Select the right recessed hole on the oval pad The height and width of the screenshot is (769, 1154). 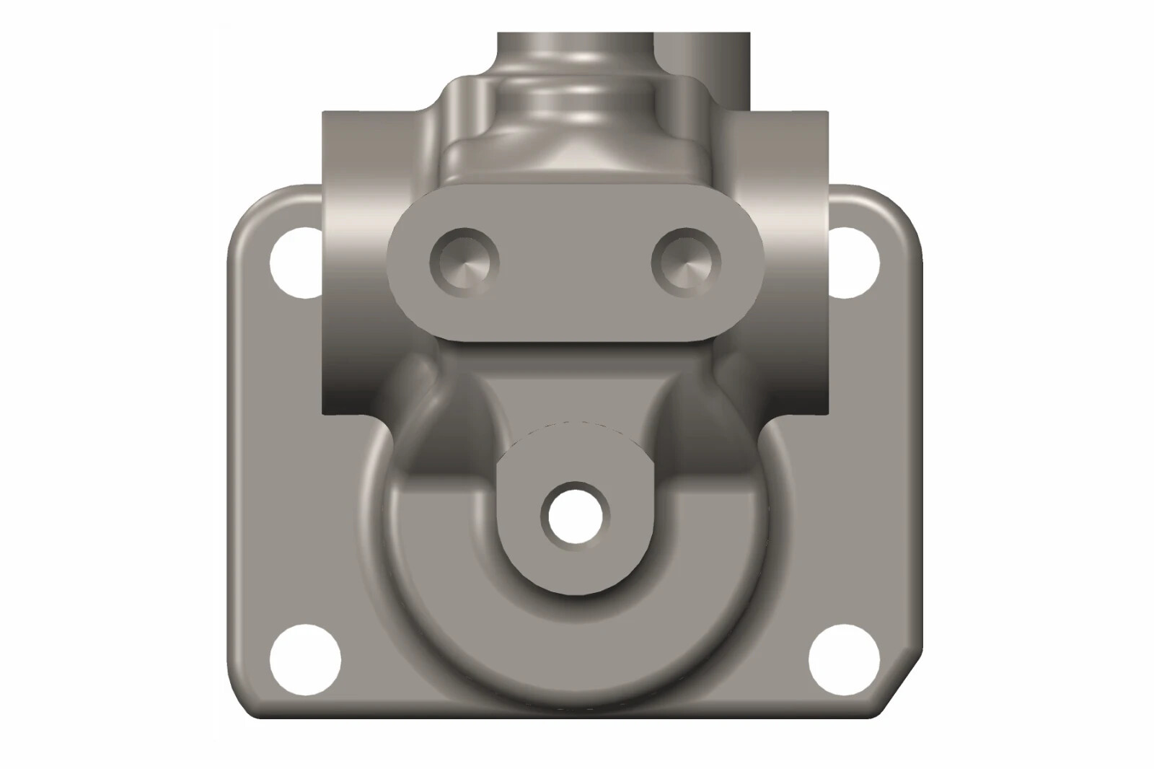coord(686,261)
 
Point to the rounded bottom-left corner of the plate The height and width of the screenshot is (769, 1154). coord(245,700)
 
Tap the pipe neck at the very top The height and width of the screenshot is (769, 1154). coord(577,50)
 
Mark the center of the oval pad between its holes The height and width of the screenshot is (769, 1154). coord(576,263)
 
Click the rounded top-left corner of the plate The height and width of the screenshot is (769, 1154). coord(249,206)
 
